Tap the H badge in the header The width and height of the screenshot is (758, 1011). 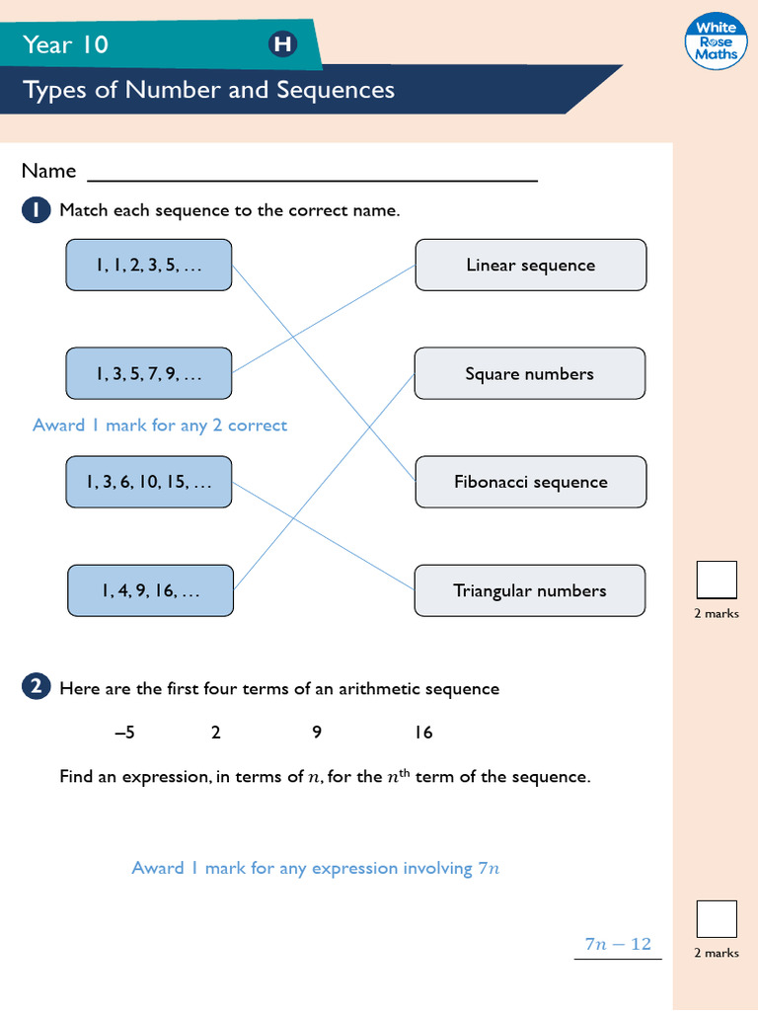pos(282,44)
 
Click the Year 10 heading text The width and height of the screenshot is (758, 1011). pos(66,44)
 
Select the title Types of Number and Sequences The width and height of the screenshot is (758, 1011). pos(208,90)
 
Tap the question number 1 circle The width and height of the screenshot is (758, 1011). pos(36,210)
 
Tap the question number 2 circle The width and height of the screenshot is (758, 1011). pos(36,688)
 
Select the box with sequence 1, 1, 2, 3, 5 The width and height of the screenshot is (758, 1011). pos(149,265)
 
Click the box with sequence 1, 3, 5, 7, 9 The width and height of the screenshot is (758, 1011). pos(149,374)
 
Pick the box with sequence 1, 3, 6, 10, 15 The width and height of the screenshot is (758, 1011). pos(149,483)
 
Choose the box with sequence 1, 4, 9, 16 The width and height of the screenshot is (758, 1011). pos(150,591)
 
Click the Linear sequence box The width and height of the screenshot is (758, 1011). pos(530,265)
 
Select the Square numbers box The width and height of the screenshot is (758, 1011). pos(530,374)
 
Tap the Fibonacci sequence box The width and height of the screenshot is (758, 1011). pos(530,483)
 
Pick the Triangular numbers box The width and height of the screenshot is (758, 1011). pos(530,591)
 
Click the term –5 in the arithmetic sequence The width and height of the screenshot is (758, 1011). pos(124,733)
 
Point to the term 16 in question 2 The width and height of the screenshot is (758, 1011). pos(423,733)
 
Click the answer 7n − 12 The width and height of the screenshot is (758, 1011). pos(618,944)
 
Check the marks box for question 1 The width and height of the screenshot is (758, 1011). pos(717,580)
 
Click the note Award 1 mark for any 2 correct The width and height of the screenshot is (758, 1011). pos(160,426)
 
